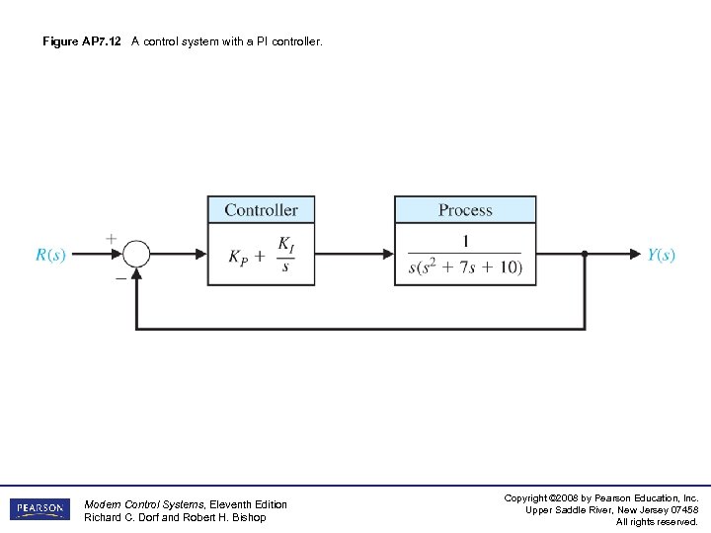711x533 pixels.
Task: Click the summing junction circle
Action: click(x=135, y=254)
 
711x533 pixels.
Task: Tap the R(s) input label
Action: click(x=50, y=255)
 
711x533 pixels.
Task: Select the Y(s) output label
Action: click(x=662, y=255)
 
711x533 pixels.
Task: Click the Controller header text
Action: click(x=261, y=210)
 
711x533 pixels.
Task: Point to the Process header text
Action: click(x=465, y=210)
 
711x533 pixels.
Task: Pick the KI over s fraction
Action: click(x=285, y=255)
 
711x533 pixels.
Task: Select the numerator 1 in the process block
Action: click(x=465, y=242)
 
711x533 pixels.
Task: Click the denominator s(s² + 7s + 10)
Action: click(x=465, y=267)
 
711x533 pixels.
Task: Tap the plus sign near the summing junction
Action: click(x=111, y=238)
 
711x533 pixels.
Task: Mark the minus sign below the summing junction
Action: click(x=119, y=278)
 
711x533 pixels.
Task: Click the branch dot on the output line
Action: click(x=585, y=254)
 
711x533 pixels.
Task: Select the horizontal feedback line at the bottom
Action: click(x=360, y=328)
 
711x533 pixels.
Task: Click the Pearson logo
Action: click(x=40, y=509)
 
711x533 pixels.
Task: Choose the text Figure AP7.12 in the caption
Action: click(x=82, y=41)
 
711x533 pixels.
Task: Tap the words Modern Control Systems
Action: click(x=141, y=504)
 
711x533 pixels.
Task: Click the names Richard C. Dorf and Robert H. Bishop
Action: click(x=175, y=517)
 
